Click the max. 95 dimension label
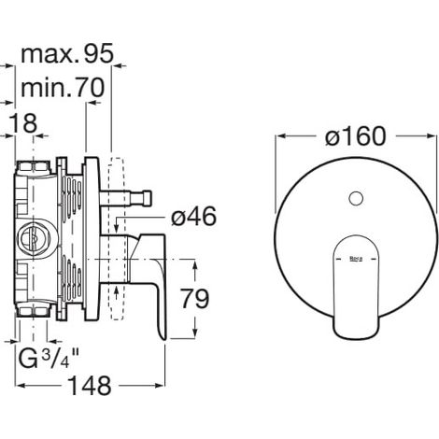67,53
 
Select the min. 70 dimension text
63,88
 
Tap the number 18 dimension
22,123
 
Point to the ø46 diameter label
193,217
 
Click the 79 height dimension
195,299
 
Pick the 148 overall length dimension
90,386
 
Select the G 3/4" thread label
49,358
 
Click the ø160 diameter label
356,136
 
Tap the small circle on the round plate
356,198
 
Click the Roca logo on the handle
356,259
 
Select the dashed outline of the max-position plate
117,239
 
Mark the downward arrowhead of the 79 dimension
195,333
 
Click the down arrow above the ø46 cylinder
116,228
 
